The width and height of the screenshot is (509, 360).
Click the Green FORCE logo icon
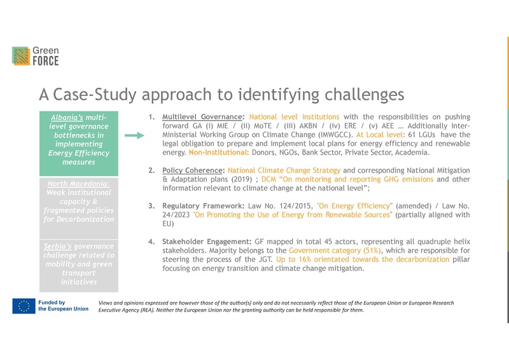pyautogui.click(x=20, y=55)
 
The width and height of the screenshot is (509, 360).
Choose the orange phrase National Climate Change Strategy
pyautogui.click(x=284, y=170)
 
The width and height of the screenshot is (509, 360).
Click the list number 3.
pyautogui.click(x=151, y=205)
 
